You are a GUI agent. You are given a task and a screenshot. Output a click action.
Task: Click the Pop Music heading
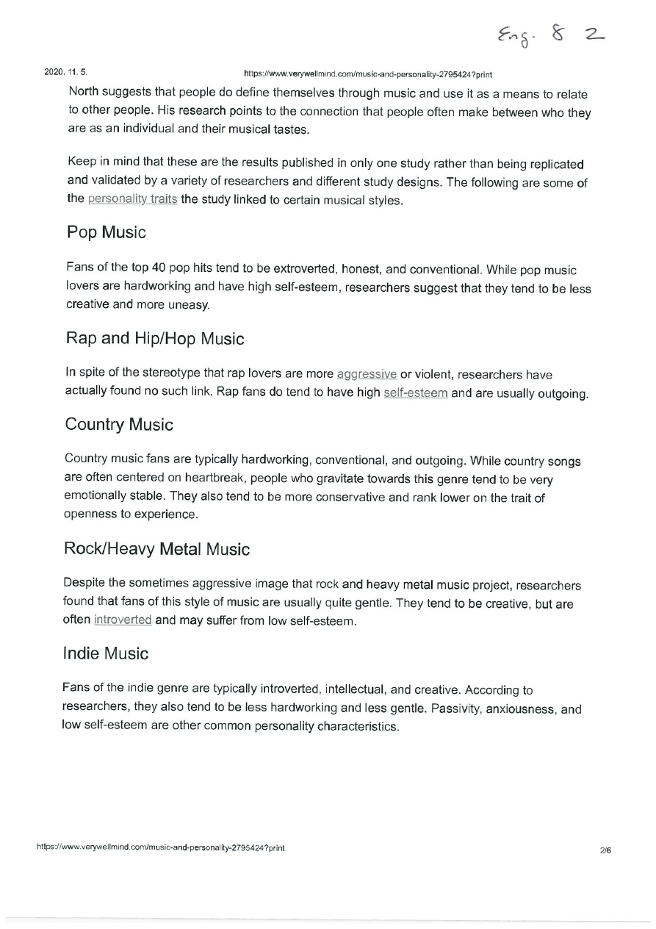[x=106, y=233]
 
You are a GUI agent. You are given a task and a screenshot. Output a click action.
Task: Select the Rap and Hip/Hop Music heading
[x=154, y=339]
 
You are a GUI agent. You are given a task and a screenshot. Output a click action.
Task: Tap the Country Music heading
[x=119, y=425]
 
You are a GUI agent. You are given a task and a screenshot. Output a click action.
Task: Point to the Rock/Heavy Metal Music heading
[x=156, y=549]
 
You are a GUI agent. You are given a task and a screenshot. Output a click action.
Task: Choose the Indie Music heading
[x=106, y=653]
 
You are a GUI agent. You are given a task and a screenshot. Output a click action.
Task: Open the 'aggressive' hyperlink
[x=367, y=373]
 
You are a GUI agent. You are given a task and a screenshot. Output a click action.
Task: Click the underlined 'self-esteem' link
[x=416, y=392]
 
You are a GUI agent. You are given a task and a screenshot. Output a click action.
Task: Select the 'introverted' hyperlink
[x=123, y=620]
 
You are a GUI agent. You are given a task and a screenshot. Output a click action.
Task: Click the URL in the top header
[x=367, y=74]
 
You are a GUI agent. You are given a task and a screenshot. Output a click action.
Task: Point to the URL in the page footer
[x=161, y=847]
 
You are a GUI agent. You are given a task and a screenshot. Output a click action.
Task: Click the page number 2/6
[x=605, y=850]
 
